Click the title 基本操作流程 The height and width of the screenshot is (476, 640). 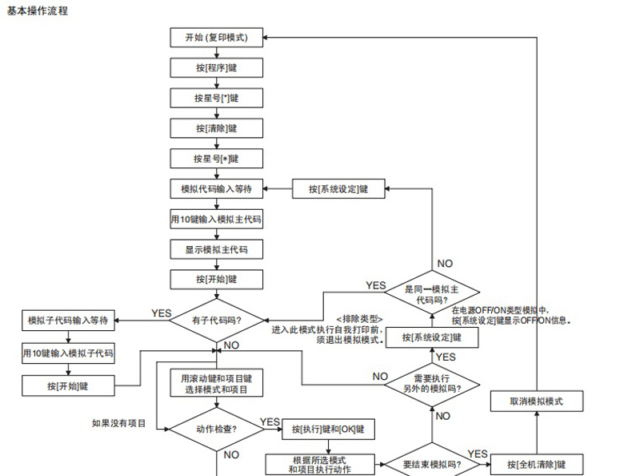coord(38,10)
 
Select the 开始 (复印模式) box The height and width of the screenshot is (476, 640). coord(216,38)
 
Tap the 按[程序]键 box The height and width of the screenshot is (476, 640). coord(216,68)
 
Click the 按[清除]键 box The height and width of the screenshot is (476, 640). coord(216,128)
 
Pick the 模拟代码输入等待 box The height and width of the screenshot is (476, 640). coord(216,189)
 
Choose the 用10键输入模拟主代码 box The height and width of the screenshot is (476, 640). coord(216,219)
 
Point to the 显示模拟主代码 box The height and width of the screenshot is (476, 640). coord(216,249)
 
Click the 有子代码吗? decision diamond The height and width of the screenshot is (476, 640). coord(216,321)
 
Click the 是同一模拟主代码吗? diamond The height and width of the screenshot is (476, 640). coord(431,294)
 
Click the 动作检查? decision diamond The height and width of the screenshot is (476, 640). coord(216,428)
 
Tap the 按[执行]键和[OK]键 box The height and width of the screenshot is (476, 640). coord(328,429)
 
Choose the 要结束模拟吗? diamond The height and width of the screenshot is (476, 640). coord(431,464)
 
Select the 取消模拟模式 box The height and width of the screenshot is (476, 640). coord(536,401)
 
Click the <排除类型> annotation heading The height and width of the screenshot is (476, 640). coord(359,318)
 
